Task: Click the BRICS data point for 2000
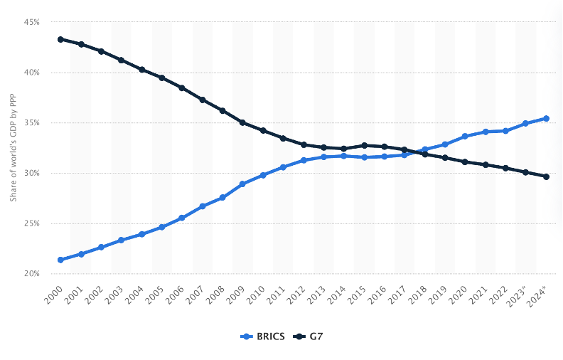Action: click(x=60, y=260)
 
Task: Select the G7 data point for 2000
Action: click(x=60, y=39)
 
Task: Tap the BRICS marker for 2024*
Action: click(x=546, y=118)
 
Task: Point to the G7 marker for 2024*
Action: click(x=546, y=176)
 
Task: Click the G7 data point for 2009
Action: click(x=242, y=122)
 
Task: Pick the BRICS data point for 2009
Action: click(x=242, y=184)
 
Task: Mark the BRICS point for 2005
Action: click(x=161, y=227)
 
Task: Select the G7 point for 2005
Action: click(x=161, y=78)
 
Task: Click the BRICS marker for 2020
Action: click(x=465, y=136)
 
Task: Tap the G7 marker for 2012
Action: click(x=304, y=144)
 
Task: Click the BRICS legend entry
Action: click(x=263, y=336)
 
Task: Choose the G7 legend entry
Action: click(x=311, y=336)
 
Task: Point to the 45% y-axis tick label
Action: click(x=31, y=22)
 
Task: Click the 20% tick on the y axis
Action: click(x=31, y=273)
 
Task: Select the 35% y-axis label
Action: click(x=31, y=122)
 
